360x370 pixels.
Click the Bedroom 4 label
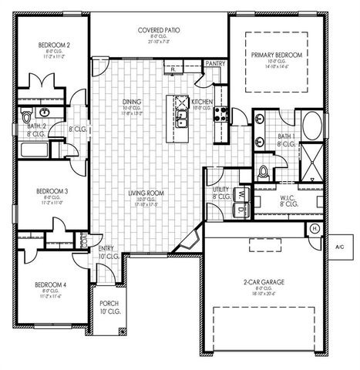coord(50,284)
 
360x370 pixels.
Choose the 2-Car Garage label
coord(264,283)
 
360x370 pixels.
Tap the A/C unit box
coord(338,246)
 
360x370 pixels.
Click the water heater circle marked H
coord(315,229)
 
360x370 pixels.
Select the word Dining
coord(132,102)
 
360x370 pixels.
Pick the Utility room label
coord(220,189)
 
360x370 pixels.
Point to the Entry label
coord(106,248)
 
